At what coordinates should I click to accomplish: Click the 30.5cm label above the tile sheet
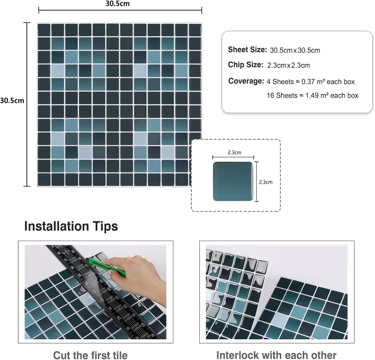[118, 4]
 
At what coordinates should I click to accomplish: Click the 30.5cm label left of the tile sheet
[12, 100]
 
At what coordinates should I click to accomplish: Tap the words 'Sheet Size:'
[247, 50]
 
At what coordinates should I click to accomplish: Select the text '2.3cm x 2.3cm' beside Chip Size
[288, 65]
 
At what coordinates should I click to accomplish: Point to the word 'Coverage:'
[246, 81]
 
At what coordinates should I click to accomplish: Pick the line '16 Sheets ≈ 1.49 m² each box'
[312, 96]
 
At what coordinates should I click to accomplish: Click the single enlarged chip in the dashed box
[233, 181]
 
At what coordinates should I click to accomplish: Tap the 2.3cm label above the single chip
[234, 152]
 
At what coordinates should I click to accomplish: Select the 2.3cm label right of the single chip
[266, 182]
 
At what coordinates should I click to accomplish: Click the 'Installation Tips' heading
[71, 226]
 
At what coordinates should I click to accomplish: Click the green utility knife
[107, 268]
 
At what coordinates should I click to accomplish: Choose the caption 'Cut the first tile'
[90, 355]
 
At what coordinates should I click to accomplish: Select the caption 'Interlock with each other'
[276, 355]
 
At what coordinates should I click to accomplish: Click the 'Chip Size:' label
[246, 65]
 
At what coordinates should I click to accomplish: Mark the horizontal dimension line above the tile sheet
[120, 10]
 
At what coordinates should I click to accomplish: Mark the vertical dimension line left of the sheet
[27, 104]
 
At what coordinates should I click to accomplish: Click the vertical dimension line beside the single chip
[256, 181]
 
